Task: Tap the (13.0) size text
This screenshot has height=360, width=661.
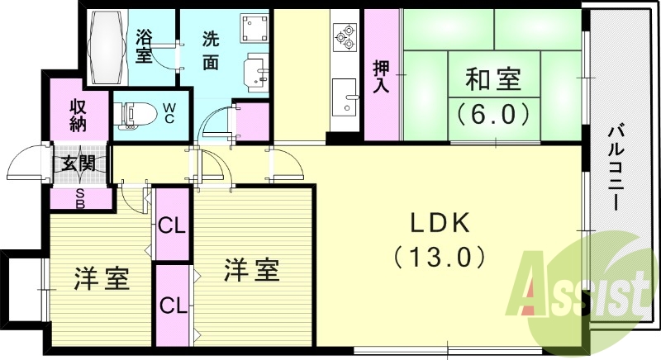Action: [x=439, y=257]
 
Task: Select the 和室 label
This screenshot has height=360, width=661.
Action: [x=492, y=80]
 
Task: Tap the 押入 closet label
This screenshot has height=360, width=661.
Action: [x=381, y=76]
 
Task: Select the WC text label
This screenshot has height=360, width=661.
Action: [x=168, y=112]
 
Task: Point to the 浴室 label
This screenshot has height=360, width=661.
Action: [x=145, y=46]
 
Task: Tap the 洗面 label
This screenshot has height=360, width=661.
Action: [x=211, y=51]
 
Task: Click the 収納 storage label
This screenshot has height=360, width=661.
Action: [x=78, y=114]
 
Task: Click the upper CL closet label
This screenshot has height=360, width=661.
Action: [x=172, y=224]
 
